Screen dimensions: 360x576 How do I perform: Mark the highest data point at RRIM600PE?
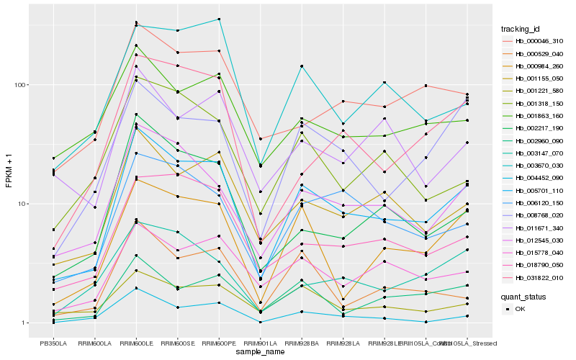tap(219, 19)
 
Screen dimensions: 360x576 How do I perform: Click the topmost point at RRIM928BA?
tap(302, 66)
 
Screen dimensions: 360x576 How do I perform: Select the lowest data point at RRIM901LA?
tap(260, 322)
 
